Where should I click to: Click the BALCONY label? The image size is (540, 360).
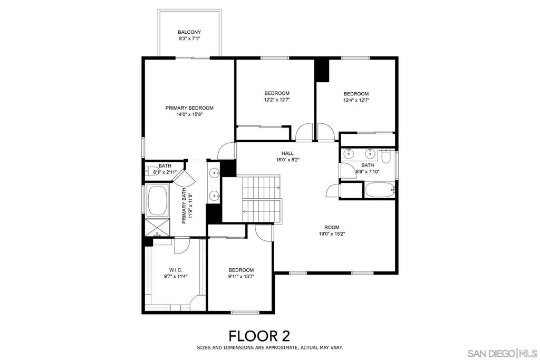tap(189, 32)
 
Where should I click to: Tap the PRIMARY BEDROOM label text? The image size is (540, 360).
tap(189, 108)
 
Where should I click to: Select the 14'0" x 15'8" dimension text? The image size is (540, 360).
tap(189, 114)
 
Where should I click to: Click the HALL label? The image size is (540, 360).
tap(287, 153)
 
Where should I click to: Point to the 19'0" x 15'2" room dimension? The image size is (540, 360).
tap(332, 234)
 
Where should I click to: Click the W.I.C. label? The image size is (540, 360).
tap(176, 269)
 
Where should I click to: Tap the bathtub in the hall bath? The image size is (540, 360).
tap(379, 190)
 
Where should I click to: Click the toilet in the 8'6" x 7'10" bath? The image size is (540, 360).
tap(386, 157)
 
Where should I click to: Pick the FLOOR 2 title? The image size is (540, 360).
tap(258, 335)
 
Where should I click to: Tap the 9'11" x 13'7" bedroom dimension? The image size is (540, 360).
tap(241, 276)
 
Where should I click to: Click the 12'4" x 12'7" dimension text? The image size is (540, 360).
tap(356, 100)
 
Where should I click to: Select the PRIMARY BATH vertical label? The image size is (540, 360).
tap(185, 206)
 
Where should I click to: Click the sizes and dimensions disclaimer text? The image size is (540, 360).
tap(269, 348)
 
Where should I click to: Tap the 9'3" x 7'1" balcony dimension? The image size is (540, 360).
tap(189, 39)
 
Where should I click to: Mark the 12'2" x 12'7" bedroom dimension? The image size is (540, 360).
tap(277, 100)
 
